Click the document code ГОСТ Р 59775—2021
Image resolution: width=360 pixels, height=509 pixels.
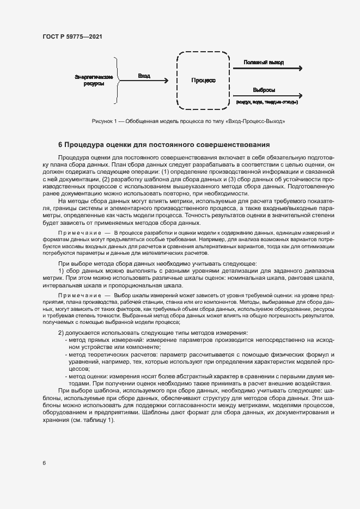pyautogui.click(x=72, y=36)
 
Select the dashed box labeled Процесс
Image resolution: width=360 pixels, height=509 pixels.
pyautogui.click(x=203, y=80)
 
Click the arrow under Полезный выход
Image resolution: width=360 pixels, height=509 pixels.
pyautogui.click(x=267, y=69)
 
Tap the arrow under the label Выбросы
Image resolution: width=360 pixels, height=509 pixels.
pyautogui.click(x=267, y=96)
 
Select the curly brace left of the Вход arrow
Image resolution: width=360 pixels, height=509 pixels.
pyautogui.click(x=114, y=80)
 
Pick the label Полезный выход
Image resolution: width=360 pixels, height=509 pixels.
pyautogui.click(x=264, y=62)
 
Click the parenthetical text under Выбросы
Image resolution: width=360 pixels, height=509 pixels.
pyautogui.click(x=266, y=102)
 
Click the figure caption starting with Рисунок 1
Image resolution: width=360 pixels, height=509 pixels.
pyautogui.click(x=188, y=120)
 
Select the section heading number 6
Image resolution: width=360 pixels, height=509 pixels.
pyautogui.click(x=60, y=145)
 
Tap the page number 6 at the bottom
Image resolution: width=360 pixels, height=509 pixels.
pyautogui.click(x=44, y=463)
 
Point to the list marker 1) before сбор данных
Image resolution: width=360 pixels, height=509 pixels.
pyautogui.click(x=61, y=271)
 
